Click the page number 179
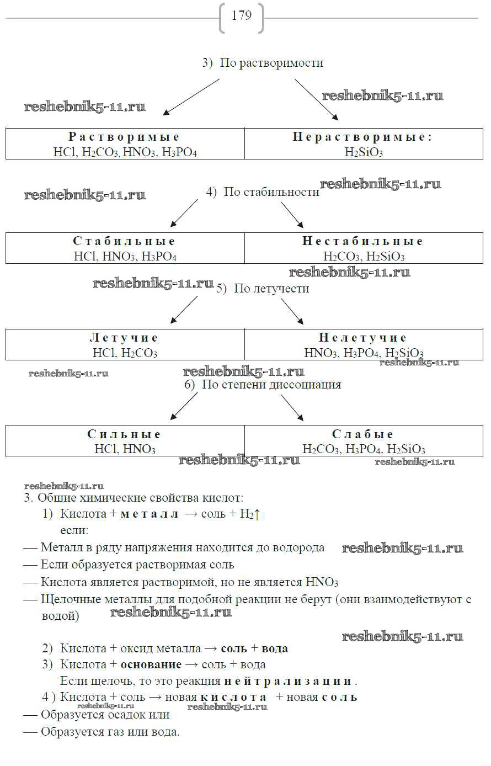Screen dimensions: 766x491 coord(242,15)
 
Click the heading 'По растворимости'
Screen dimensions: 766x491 coord(271,63)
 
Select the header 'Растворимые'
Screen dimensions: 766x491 coord(125,137)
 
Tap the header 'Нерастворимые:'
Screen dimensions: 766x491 coord(362,137)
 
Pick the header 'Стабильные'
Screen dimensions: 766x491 coord(125,241)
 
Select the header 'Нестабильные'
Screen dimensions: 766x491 coord(363,241)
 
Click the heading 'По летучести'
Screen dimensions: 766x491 coord(271,289)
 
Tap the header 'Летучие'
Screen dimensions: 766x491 coord(125,338)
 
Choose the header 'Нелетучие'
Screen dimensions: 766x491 coord(363,338)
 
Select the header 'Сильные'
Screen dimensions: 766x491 coord(125,434)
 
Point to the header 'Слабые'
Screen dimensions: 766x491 coord(363,434)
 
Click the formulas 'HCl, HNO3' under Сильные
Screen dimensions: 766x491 coord(125,449)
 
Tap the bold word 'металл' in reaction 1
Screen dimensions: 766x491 coord(149,514)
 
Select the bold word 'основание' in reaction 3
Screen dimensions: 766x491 coord(151,664)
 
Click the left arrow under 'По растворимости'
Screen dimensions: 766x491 coord(191,97)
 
